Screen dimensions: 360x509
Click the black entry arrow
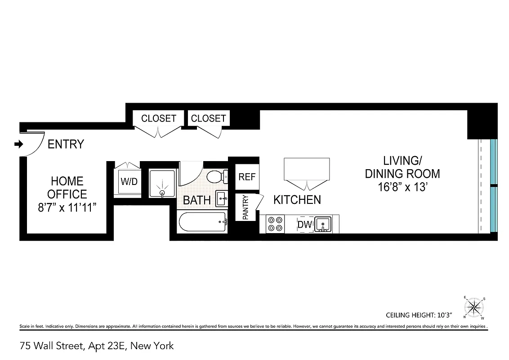(x=18, y=144)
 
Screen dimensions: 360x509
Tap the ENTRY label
(x=66, y=144)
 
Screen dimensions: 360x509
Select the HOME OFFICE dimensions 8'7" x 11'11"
(x=67, y=208)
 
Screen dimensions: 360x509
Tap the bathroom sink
(x=221, y=198)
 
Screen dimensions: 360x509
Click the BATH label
(x=196, y=200)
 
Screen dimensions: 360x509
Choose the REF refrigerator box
(x=246, y=177)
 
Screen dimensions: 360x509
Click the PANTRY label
(x=246, y=207)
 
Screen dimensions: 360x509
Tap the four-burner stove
(x=275, y=224)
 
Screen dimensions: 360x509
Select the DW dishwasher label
(x=304, y=224)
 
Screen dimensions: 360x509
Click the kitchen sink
(x=322, y=224)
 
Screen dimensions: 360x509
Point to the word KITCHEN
(x=297, y=200)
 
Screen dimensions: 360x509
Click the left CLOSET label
(x=158, y=118)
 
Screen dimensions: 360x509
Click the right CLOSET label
(x=208, y=118)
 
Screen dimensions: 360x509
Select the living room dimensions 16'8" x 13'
(x=402, y=187)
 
